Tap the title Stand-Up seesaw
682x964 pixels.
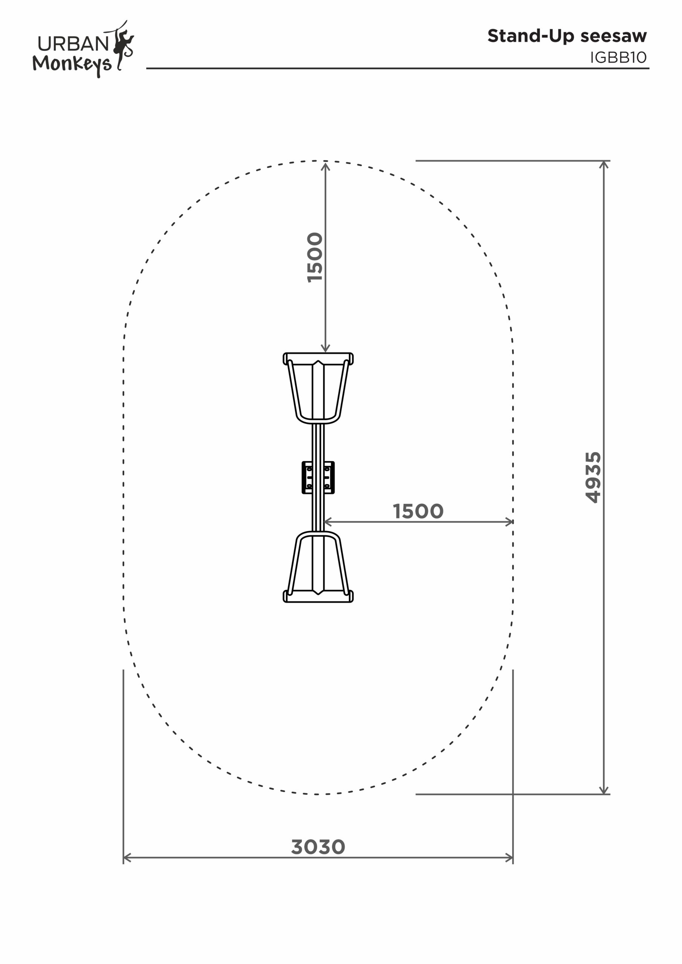[567, 37]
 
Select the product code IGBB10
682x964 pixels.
[618, 58]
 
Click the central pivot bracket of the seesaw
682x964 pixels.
[318, 477]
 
